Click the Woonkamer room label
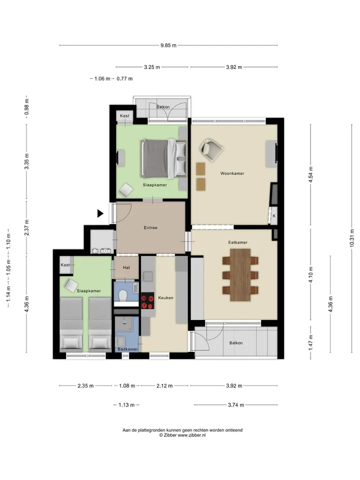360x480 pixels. [x=232, y=173]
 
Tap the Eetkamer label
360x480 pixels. [x=238, y=242]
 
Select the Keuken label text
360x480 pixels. [x=165, y=297]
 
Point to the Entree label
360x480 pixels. [x=150, y=227]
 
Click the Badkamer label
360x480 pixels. [x=127, y=349]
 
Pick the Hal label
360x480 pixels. [x=126, y=267]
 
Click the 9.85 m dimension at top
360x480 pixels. [x=168, y=45]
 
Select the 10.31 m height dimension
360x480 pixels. [x=351, y=238]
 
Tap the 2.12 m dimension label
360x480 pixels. [x=164, y=385]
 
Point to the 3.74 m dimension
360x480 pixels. [x=235, y=404]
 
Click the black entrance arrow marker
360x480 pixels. [x=100, y=213]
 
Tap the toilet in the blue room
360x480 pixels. [x=123, y=295]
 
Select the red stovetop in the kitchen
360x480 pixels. [x=147, y=301]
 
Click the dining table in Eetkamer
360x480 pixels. [x=240, y=274]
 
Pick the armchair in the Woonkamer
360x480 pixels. [x=211, y=149]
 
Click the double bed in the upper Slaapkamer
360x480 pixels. [x=163, y=158]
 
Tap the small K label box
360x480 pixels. [x=274, y=216]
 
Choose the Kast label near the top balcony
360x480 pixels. [x=124, y=115]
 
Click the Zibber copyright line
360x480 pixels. [x=182, y=435]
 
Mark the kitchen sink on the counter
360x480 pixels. [x=148, y=276]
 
